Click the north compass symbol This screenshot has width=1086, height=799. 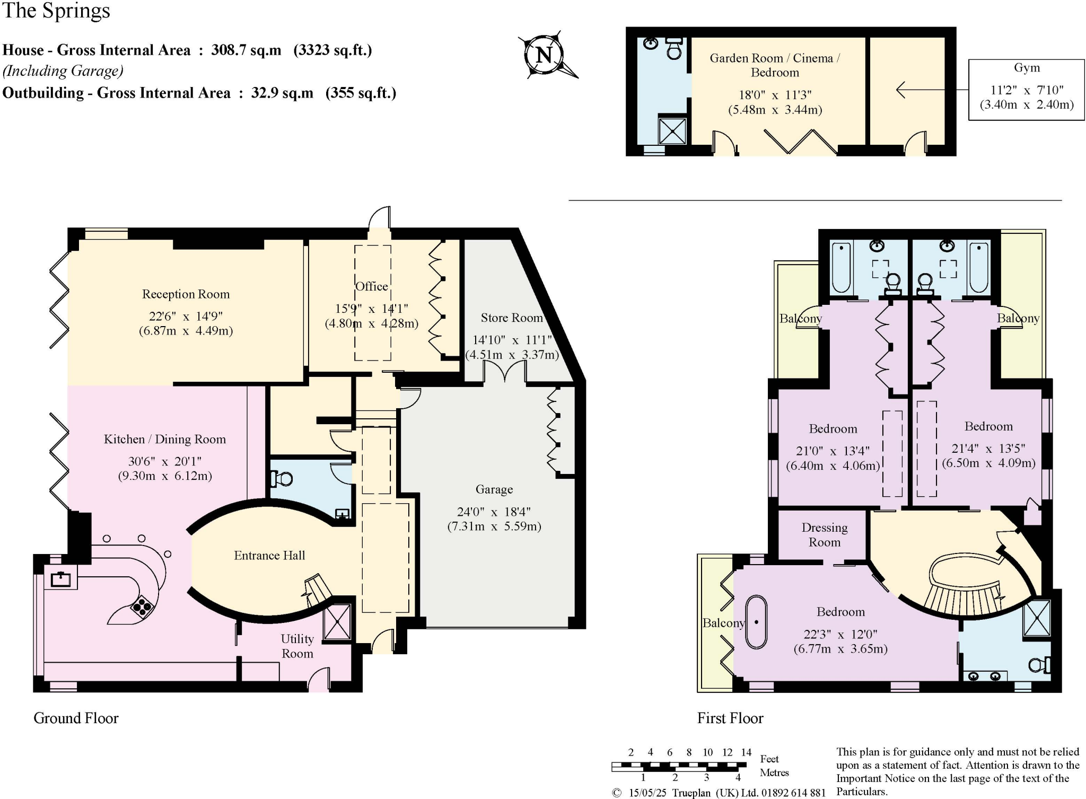click(x=545, y=55)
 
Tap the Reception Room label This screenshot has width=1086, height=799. click(x=186, y=294)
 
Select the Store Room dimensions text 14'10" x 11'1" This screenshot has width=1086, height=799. click(x=512, y=340)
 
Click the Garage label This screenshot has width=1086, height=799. click(x=494, y=489)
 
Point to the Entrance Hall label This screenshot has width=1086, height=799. click(x=269, y=555)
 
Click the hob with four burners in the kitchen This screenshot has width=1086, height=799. click(x=142, y=608)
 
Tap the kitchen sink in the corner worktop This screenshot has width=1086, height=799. click(x=60, y=578)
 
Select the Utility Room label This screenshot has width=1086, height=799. click(x=297, y=646)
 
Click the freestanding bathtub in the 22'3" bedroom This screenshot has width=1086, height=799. click(x=756, y=622)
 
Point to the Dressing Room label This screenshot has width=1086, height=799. click(x=824, y=534)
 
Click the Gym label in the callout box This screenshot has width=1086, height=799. click(x=1026, y=68)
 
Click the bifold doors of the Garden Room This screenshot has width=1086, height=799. click(x=800, y=141)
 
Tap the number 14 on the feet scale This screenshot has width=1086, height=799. click(x=746, y=752)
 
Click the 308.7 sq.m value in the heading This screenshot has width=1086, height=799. click(x=246, y=50)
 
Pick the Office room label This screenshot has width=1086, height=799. click(x=371, y=286)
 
